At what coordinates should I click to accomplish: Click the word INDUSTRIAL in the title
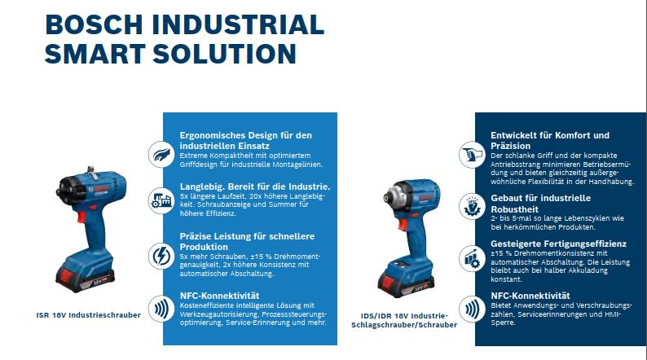(x=238, y=24)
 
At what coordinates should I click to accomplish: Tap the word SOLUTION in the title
(x=224, y=54)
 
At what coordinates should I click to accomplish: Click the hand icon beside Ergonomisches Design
(x=161, y=155)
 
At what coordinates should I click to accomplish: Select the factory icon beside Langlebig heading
(x=161, y=201)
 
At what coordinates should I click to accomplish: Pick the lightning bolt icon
(x=161, y=256)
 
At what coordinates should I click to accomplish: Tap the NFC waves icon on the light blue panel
(x=161, y=309)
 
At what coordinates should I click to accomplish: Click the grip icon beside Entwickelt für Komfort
(x=472, y=155)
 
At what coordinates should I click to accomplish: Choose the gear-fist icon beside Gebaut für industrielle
(x=472, y=206)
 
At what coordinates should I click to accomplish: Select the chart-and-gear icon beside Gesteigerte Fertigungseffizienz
(x=472, y=258)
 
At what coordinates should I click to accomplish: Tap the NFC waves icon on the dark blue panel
(x=472, y=309)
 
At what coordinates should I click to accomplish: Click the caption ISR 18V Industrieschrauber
(x=88, y=315)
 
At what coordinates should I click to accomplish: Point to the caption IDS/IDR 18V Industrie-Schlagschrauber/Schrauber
(x=404, y=320)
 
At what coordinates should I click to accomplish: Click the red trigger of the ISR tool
(x=81, y=217)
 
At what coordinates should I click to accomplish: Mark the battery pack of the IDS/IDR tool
(x=406, y=279)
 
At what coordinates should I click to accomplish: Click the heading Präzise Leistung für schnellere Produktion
(x=247, y=242)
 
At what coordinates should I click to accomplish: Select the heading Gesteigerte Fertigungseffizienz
(x=559, y=244)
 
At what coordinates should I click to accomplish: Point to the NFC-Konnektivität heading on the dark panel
(x=530, y=296)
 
